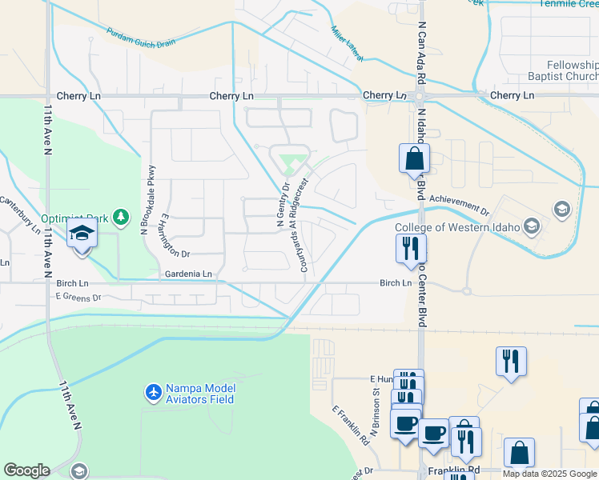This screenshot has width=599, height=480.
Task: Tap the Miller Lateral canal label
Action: click(347, 44)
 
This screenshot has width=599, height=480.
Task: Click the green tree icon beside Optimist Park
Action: click(120, 217)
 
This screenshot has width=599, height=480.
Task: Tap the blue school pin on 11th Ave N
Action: click(82, 236)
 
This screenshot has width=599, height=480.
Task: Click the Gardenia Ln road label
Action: click(189, 274)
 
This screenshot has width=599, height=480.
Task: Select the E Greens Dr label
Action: click(78, 298)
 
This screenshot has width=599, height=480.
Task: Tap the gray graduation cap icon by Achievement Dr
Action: click(561, 210)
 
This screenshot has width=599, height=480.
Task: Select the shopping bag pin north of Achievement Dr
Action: click(414, 158)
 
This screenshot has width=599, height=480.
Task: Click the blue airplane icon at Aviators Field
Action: click(153, 393)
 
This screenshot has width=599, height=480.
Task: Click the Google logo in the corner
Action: click(27, 470)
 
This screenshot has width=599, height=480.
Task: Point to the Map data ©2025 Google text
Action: click(549, 474)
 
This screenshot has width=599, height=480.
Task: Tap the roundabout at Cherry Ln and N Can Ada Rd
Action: click(418, 96)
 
